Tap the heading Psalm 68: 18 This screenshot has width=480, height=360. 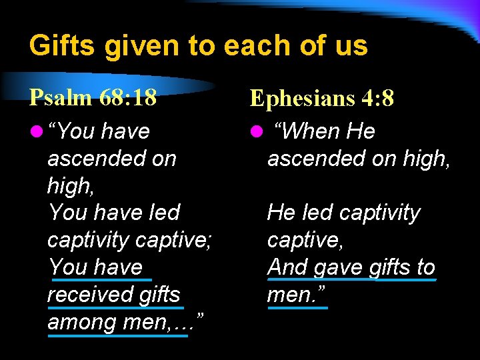pos(93,97)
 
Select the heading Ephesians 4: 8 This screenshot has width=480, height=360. pos(322,99)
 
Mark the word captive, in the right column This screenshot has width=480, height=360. pos(305,239)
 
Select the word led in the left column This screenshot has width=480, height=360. pos(163,213)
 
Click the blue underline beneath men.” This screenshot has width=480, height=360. pos(297,308)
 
